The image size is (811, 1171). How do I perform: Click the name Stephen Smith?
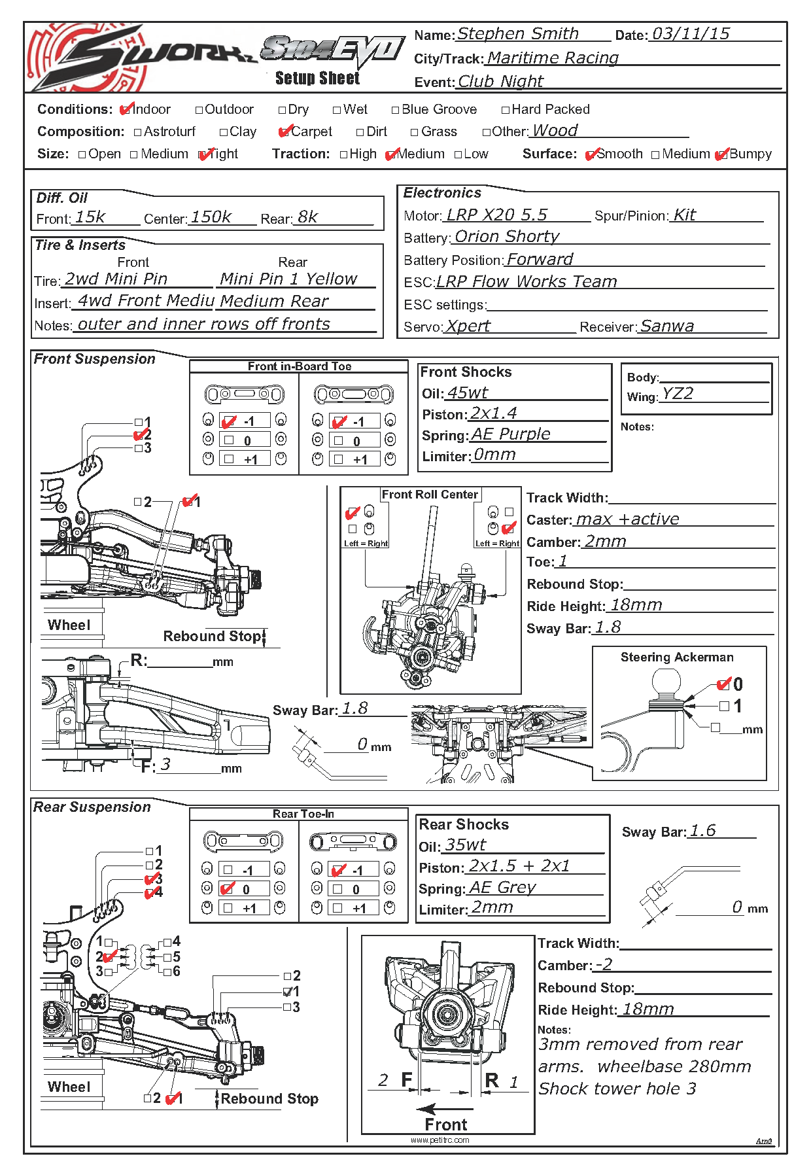pyautogui.click(x=517, y=33)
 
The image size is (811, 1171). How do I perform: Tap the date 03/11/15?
pyautogui.click(x=691, y=33)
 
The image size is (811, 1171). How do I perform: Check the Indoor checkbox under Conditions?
pyautogui.click(x=127, y=109)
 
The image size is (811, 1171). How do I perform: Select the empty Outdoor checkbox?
pyautogui.click(x=199, y=110)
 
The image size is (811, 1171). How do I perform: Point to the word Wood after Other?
pyautogui.click(x=555, y=130)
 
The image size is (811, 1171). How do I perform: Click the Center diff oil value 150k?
pyautogui.click(x=211, y=217)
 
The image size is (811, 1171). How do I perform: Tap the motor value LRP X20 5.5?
pyautogui.click(x=496, y=215)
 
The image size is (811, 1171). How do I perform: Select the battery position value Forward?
pyautogui.click(x=540, y=259)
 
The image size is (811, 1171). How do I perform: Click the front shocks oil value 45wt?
pyautogui.click(x=467, y=393)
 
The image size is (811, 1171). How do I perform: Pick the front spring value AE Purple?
pyautogui.click(x=511, y=434)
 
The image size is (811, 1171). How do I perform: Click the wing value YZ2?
pyautogui.click(x=677, y=393)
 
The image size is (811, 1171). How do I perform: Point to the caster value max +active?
pyautogui.click(x=627, y=519)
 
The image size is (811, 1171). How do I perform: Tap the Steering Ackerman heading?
pyautogui.click(x=677, y=657)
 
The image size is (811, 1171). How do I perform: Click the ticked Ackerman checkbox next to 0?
pyautogui.click(x=723, y=684)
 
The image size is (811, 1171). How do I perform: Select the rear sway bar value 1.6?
pyautogui.click(x=702, y=830)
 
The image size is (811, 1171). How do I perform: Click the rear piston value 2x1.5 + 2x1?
pyautogui.click(x=519, y=865)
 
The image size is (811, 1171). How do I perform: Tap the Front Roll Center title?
pyautogui.click(x=430, y=495)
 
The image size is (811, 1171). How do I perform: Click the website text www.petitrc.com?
pyautogui.click(x=440, y=1140)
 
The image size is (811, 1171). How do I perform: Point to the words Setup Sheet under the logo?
pyautogui.click(x=317, y=79)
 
